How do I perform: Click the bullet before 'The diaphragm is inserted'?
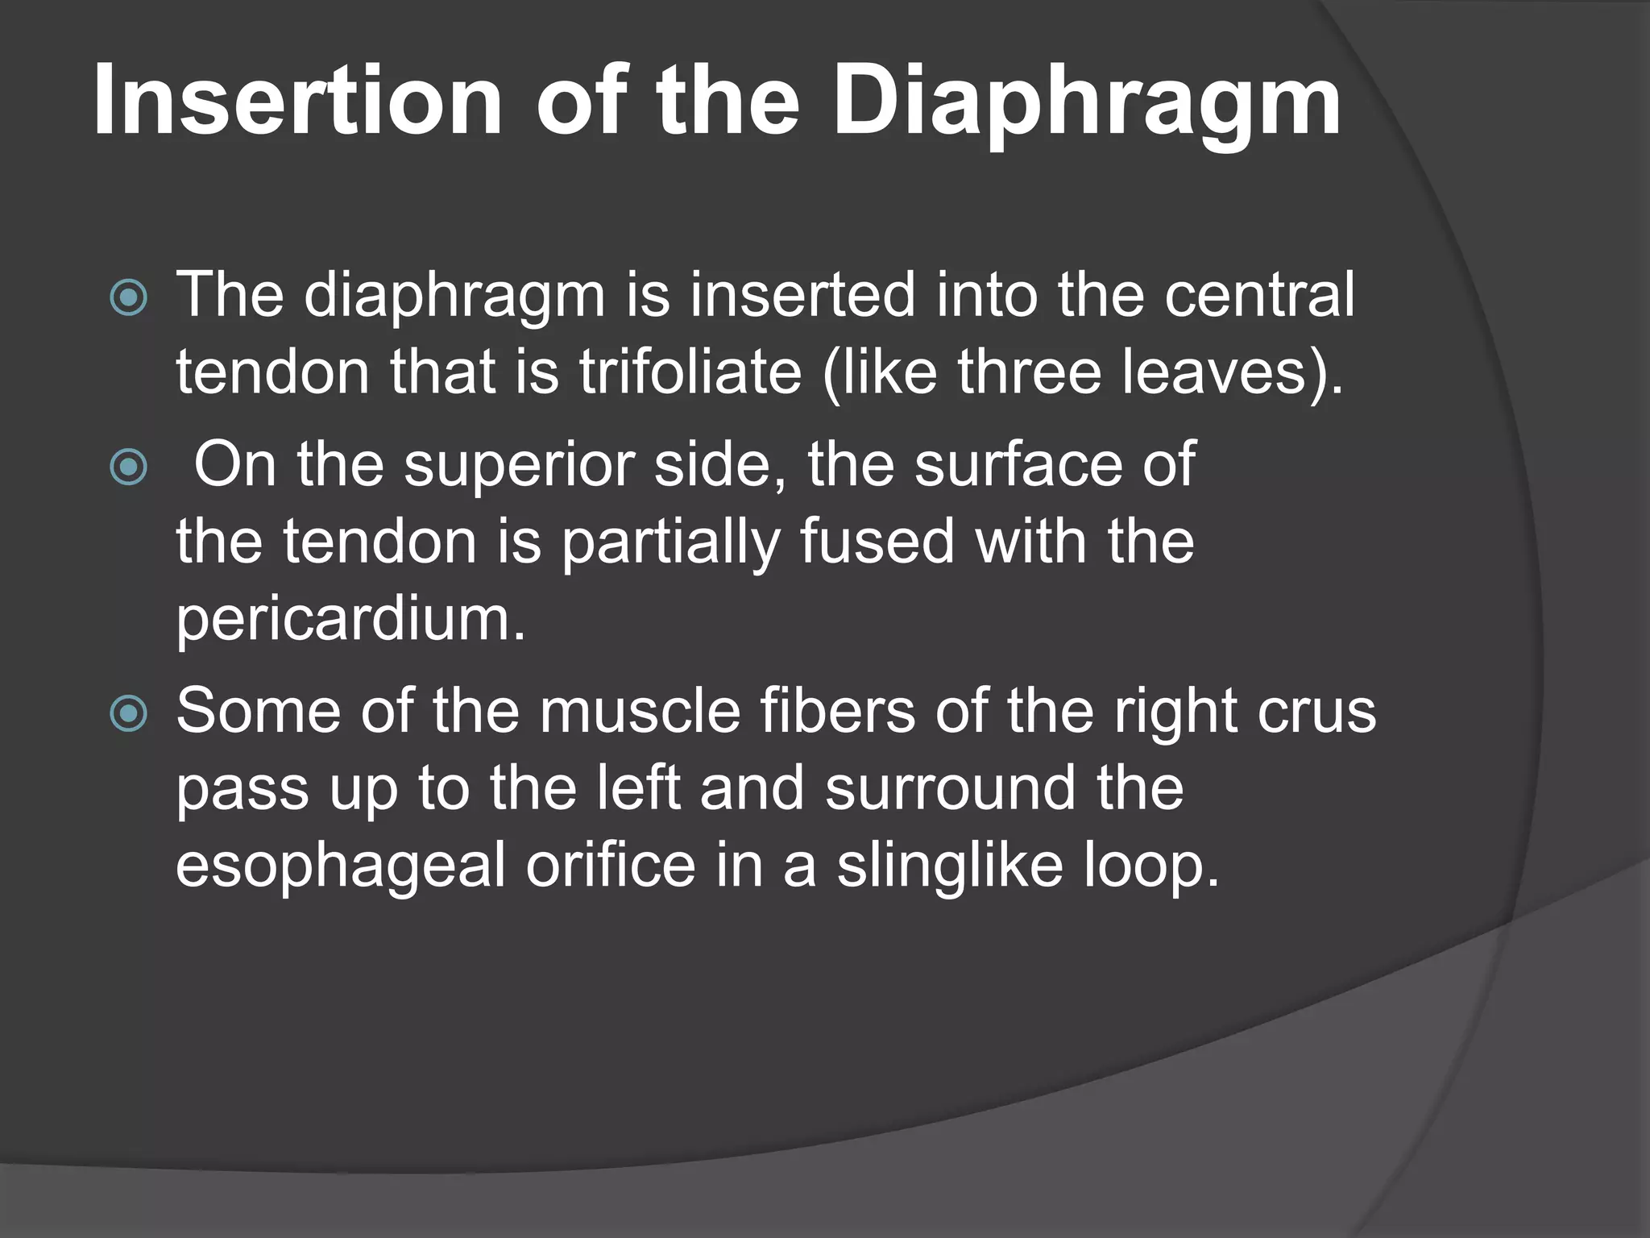(129, 297)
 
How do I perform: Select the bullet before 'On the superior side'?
(129, 467)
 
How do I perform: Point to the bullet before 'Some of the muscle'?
(129, 713)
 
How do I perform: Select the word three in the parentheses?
(1028, 372)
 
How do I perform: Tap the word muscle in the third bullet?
(640, 711)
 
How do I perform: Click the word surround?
(951, 788)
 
